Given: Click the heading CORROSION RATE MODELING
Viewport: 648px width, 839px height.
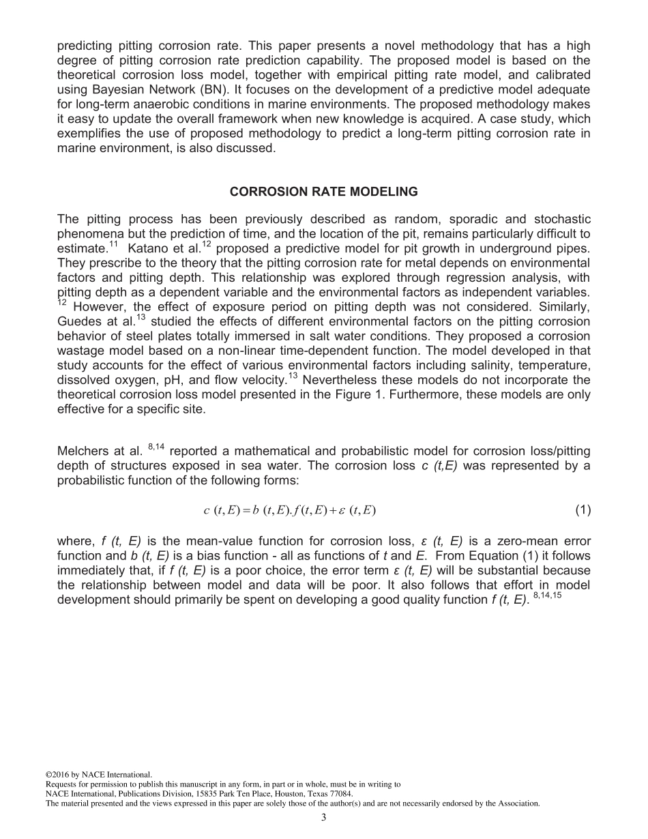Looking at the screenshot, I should pos(324,192).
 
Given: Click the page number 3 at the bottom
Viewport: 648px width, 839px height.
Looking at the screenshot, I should pos(324,819).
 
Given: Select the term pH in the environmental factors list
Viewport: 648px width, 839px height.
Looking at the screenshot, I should pos(158,380).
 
